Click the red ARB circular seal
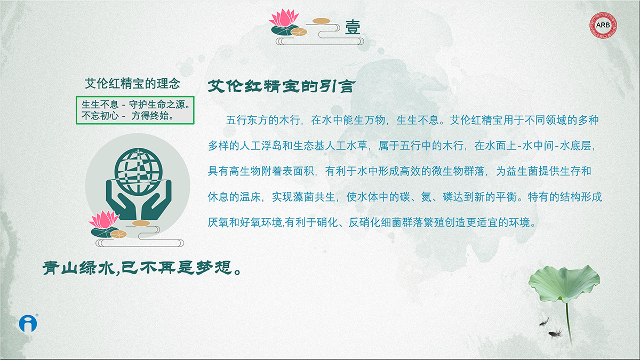click(603, 25)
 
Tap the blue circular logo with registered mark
click(28, 323)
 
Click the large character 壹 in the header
click(353, 27)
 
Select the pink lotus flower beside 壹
click(284, 18)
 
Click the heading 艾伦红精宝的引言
click(282, 86)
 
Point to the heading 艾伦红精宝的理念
click(132, 83)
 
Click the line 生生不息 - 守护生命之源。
click(136, 105)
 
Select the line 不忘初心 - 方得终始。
click(127, 116)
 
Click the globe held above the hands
click(139, 171)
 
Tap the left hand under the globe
click(120, 200)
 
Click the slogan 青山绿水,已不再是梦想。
click(142, 268)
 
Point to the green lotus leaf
click(564, 283)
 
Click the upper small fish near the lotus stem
click(545, 322)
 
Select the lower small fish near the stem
click(555, 333)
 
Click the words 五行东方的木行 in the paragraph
click(263, 120)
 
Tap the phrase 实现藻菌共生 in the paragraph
click(303, 197)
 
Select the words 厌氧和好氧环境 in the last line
click(245, 222)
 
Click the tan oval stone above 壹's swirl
click(322, 21)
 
